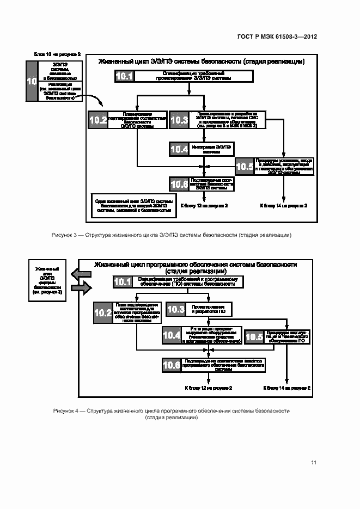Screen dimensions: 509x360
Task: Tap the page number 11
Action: (314, 463)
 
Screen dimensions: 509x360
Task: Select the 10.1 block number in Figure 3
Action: (125, 77)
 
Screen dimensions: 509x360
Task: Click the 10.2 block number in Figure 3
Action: (98, 120)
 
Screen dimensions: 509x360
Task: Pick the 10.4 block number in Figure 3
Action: (179, 149)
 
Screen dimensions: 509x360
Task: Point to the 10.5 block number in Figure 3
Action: (244, 167)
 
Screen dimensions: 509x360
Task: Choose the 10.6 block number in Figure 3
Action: (179, 184)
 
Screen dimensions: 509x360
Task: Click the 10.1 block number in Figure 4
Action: (123, 282)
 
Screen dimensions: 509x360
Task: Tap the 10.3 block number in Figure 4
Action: (176, 310)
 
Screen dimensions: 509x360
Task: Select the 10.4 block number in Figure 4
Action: (172, 336)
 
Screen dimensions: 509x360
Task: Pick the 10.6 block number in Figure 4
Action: (172, 365)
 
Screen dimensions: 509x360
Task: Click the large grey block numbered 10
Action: (32, 81)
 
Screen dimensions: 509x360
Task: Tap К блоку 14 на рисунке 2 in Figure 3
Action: (283, 205)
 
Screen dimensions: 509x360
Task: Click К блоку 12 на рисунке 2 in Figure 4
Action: (209, 388)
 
